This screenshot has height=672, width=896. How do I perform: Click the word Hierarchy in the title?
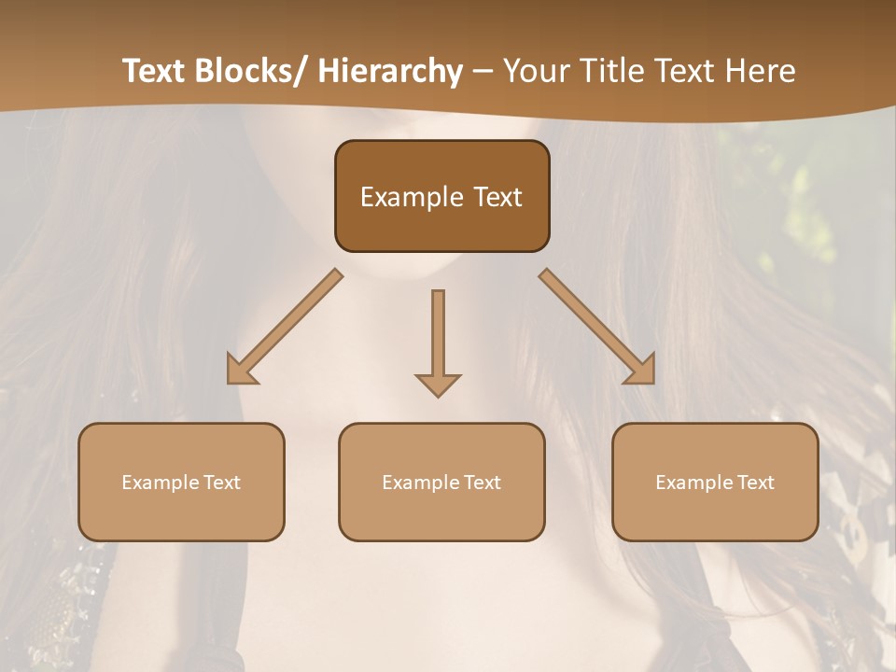click(x=390, y=71)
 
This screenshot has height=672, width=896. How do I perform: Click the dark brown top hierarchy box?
click(x=441, y=196)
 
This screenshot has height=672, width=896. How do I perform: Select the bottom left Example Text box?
click(x=181, y=482)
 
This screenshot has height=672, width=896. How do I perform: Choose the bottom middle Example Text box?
click(x=441, y=482)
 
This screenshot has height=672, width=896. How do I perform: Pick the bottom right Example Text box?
click(x=715, y=482)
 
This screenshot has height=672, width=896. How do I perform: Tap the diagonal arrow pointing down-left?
click(x=285, y=327)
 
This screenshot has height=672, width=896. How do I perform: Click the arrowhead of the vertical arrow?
click(x=438, y=384)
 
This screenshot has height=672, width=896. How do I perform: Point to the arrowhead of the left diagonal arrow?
click(x=240, y=371)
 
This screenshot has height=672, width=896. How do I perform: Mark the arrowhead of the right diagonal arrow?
click(x=641, y=371)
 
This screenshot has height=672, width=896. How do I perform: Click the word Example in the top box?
click(x=411, y=197)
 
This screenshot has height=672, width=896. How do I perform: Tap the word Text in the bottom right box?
click(x=755, y=483)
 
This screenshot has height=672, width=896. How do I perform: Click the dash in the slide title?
click(x=483, y=71)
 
